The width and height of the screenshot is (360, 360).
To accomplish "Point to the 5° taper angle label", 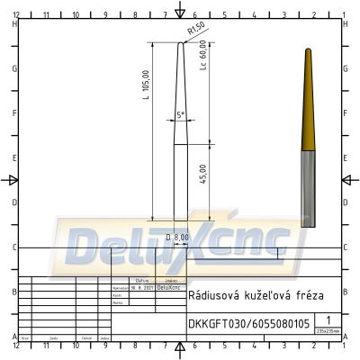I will (180, 115).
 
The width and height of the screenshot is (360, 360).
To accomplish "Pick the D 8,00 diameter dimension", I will (177, 237).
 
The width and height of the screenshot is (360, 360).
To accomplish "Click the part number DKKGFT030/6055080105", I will (248, 324).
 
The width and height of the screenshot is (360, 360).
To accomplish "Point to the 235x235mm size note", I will (328, 331).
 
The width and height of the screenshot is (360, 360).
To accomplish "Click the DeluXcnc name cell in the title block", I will (168, 288).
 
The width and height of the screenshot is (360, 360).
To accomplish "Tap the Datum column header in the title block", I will (141, 281).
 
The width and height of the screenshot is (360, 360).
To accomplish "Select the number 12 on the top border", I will (17, 15).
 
